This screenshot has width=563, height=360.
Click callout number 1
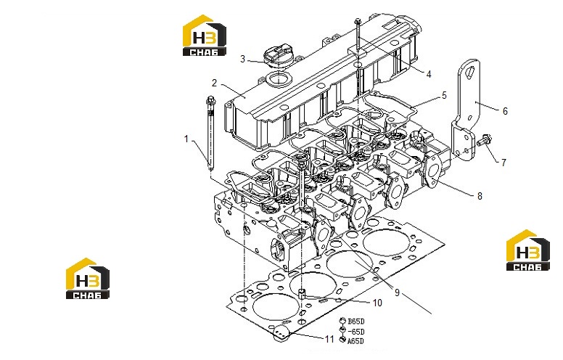[x=186, y=139]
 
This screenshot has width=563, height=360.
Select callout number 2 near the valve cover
[x=214, y=83]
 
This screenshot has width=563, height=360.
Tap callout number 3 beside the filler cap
[x=243, y=59]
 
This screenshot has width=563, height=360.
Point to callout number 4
[x=428, y=74]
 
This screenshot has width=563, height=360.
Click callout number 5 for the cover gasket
[x=444, y=96]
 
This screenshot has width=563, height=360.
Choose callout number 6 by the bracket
[x=505, y=111]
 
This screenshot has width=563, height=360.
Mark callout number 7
[x=504, y=163]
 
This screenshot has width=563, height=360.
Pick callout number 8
[x=480, y=196]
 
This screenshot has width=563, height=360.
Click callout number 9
[x=397, y=292]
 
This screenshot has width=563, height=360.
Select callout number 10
[x=377, y=303]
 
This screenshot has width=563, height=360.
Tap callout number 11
[x=329, y=339]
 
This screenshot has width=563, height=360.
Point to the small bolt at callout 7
[x=485, y=140]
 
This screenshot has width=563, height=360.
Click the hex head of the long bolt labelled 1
[x=210, y=99]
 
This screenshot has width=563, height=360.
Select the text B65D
[x=356, y=322]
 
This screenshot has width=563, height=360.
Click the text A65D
[x=356, y=341]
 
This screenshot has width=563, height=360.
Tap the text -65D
[x=356, y=332]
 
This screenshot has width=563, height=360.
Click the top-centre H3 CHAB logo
[x=205, y=36]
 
